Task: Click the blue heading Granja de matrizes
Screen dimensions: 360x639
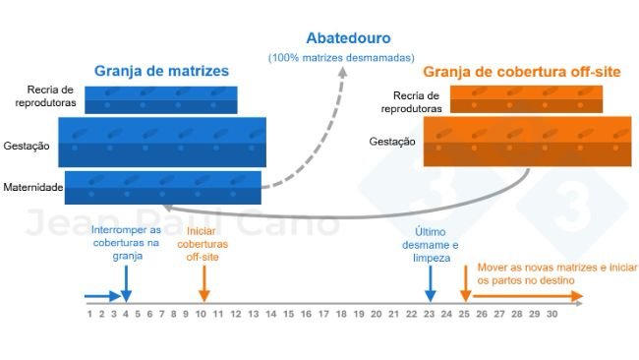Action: [x=161, y=71]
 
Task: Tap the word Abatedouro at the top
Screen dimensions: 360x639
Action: [x=348, y=38]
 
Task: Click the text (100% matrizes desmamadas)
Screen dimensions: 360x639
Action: [x=341, y=58]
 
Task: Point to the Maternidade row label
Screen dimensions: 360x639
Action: [x=32, y=187]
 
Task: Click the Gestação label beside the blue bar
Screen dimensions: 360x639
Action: [x=28, y=145]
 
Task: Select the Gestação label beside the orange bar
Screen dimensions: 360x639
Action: [x=392, y=142]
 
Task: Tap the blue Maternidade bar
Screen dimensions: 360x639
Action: [x=163, y=187]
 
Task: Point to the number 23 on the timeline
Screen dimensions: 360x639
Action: [x=429, y=314]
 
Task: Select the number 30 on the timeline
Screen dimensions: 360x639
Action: [x=552, y=314]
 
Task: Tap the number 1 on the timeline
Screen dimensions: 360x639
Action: [x=89, y=314]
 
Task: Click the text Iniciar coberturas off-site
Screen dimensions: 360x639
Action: [x=202, y=244]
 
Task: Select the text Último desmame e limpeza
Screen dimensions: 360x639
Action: [x=433, y=244]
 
